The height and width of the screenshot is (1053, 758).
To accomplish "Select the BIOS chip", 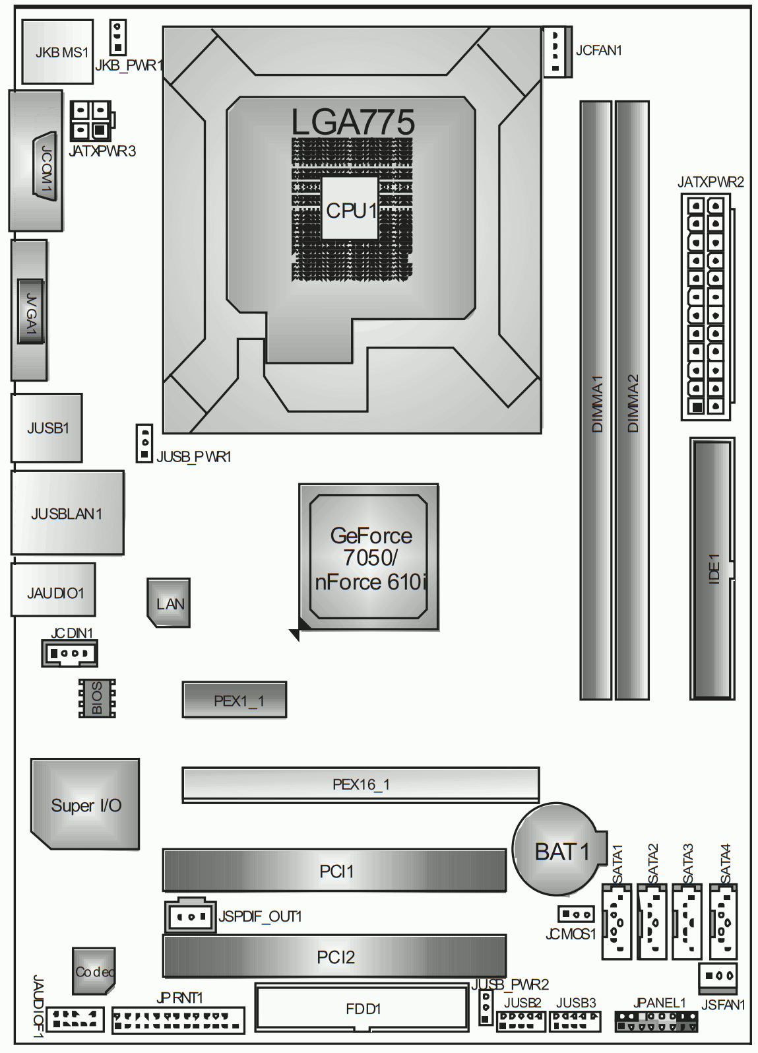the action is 97,698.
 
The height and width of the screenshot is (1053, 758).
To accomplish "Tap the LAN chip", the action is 169,603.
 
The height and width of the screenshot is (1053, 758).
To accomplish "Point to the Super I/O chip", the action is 85,804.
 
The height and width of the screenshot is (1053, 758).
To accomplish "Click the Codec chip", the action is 94,971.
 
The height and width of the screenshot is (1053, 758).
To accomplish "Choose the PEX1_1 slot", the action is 234,700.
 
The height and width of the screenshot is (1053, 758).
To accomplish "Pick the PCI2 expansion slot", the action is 334,956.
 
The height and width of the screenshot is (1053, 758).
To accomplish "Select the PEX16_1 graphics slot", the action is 361,784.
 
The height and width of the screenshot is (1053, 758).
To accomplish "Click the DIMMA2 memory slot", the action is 632,400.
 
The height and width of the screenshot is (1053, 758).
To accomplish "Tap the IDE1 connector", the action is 712,569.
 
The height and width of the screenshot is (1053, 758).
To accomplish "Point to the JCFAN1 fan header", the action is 557,51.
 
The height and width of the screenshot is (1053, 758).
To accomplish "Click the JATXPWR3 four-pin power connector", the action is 91,120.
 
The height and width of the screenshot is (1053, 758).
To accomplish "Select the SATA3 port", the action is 687,922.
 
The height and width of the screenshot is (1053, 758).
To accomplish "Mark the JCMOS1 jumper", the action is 576,914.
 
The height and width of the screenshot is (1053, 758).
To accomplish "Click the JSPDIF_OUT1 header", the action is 190,915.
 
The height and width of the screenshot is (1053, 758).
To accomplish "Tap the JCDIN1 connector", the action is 69,653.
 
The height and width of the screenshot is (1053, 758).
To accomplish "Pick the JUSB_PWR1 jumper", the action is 144,443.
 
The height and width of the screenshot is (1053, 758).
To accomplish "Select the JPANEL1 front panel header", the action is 656,1021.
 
